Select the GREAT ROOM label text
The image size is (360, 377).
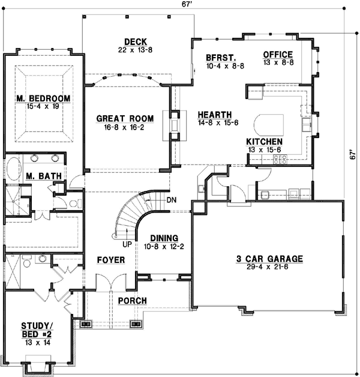point(125,118)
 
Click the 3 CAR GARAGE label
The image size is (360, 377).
point(269,259)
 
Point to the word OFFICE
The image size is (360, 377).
point(278,55)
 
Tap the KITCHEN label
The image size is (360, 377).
point(265,141)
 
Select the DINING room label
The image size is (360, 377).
point(163,237)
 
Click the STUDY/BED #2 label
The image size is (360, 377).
point(37,329)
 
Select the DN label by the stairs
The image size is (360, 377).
point(172,200)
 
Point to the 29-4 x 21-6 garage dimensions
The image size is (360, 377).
point(269,267)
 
